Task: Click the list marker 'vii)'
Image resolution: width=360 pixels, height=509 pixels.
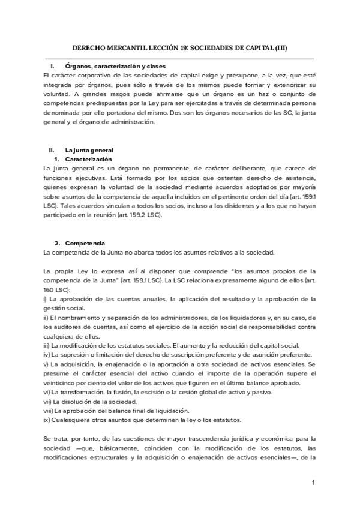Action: tap(47, 401)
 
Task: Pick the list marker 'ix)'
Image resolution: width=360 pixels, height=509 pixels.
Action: tap(47, 420)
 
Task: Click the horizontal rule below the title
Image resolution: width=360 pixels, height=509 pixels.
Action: tap(180, 58)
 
